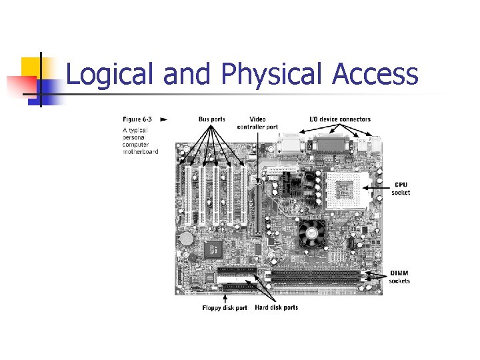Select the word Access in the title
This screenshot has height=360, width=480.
click(x=376, y=75)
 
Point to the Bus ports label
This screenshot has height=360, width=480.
click(x=212, y=119)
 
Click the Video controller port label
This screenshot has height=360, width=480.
click(x=257, y=123)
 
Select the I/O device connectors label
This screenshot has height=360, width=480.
click(x=339, y=119)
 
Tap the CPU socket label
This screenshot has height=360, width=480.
click(x=401, y=189)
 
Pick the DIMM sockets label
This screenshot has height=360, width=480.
click(x=400, y=277)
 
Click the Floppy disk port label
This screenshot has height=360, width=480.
click(x=225, y=308)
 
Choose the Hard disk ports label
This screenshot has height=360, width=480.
click(x=277, y=307)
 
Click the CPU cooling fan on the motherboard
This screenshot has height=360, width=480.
click(x=311, y=232)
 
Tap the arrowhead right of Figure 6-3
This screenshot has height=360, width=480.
click(x=164, y=119)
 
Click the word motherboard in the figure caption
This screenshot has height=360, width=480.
click(x=140, y=151)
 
